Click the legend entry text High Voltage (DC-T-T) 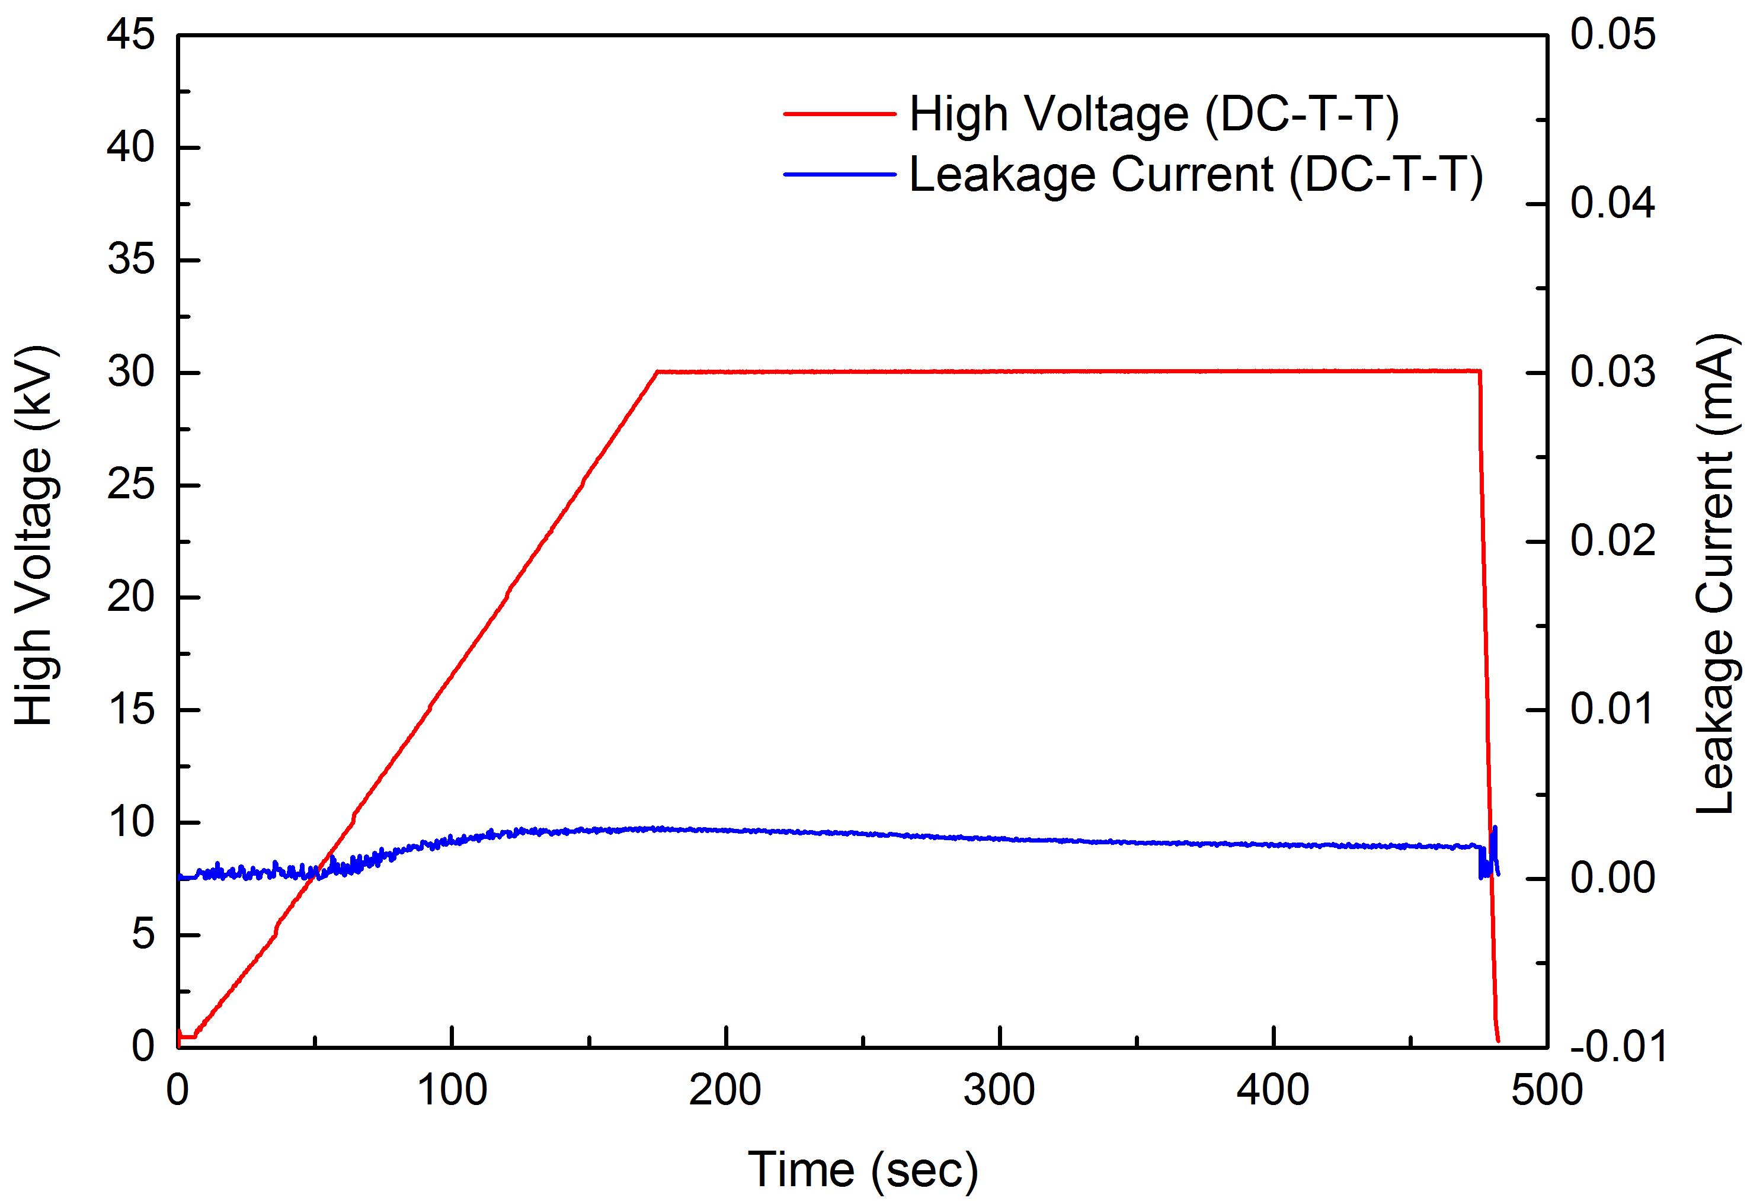coord(1154,114)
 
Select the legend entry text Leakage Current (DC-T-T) coord(1196,175)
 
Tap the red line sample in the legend coord(839,114)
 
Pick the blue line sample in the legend coord(839,175)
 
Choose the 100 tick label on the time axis coord(452,1090)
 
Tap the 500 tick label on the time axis coord(1547,1090)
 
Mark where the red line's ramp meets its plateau coord(657,371)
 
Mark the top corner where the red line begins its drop coord(1480,371)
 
